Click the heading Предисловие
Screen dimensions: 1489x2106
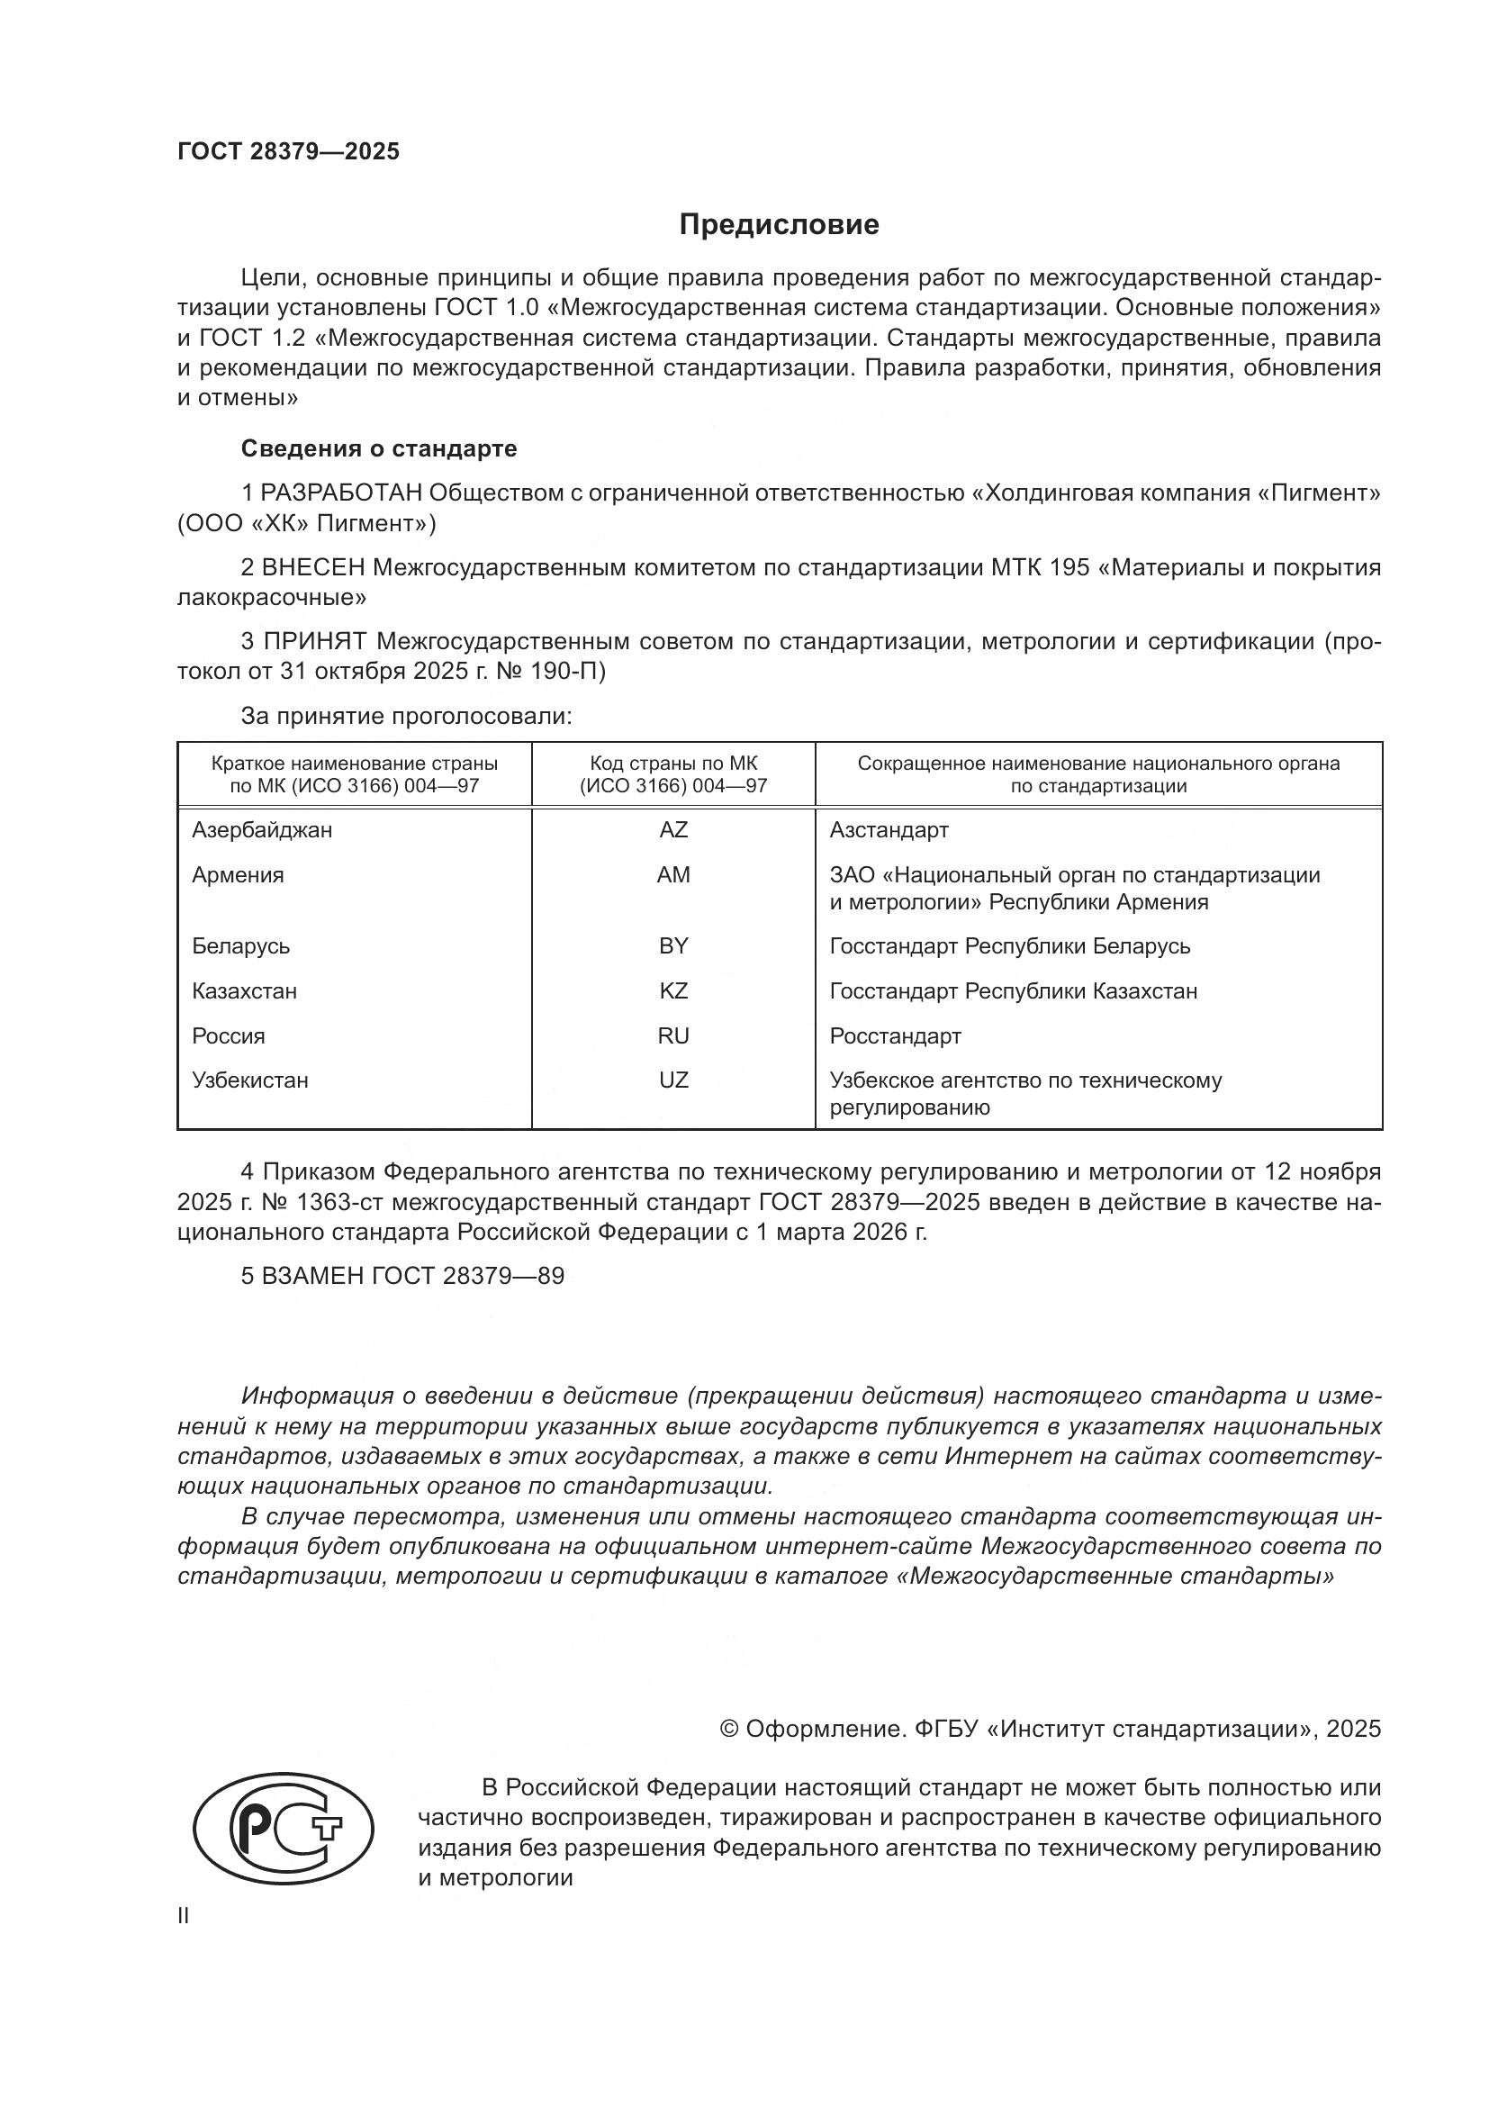click(x=779, y=225)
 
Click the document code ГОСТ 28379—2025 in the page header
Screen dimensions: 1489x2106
click(x=289, y=152)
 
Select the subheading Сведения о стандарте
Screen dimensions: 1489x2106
click(x=379, y=448)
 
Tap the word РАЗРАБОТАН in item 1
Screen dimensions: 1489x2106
click(x=341, y=493)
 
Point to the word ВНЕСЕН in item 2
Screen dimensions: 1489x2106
click(x=314, y=568)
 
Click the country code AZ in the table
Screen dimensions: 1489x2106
click(x=673, y=830)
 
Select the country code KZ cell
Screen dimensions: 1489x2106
click(x=673, y=991)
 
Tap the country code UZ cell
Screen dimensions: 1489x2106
click(x=673, y=1080)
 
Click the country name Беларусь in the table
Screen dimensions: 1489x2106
click(x=241, y=946)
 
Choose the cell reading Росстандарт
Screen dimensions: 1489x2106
click(x=895, y=1036)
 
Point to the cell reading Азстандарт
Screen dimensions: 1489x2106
click(x=889, y=830)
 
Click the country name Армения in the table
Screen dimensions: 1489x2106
click(x=238, y=875)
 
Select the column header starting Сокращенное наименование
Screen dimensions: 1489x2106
click(x=1098, y=774)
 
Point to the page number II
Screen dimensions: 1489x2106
click(x=184, y=1916)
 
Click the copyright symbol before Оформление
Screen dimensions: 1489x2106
click(x=729, y=1730)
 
